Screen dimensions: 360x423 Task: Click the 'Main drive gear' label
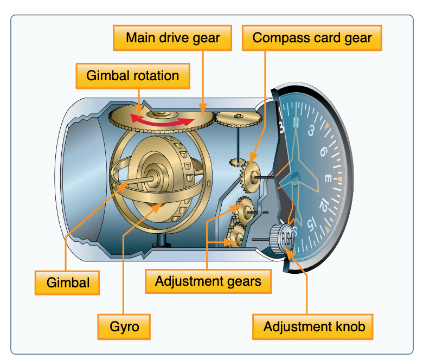click(x=173, y=38)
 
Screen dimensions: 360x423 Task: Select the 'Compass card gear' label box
click(x=312, y=38)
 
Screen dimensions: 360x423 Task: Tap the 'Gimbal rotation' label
click(x=133, y=75)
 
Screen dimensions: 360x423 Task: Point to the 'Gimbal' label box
click(x=68, y=282)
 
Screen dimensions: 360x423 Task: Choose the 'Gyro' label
click(x=124, y=327)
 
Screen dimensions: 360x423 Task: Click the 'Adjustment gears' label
click(x=208, y=281)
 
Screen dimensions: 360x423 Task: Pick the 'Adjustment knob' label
click(x=314, y=327)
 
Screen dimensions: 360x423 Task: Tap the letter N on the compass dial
click(x=296, y=123)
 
